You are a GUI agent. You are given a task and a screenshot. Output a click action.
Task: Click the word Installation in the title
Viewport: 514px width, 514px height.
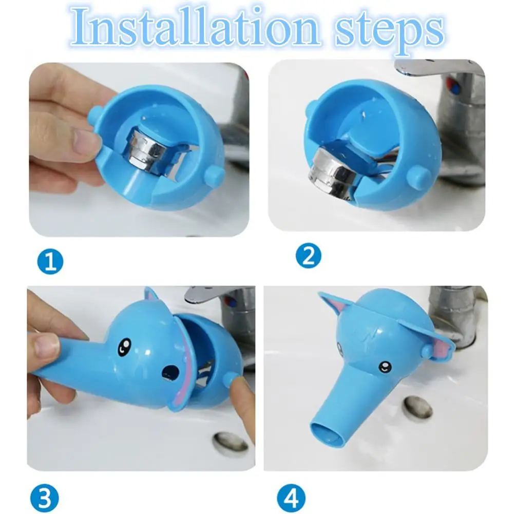pyautogui.click(x=195, y=27)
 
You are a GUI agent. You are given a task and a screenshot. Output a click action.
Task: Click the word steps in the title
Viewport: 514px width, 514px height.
pyautogui.click(x=389, y=31)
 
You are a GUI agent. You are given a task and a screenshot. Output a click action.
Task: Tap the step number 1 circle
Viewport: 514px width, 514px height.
pyautogui.click(x=50, y=262)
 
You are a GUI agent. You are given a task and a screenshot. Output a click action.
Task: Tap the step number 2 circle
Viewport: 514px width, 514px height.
pyautogui.click(x=309, y=256)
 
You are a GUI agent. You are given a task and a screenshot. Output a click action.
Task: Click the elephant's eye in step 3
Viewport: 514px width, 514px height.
pyautogui.click(x=124, y=347)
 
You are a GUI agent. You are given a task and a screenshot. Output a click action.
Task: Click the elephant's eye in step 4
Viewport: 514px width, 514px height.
pyautogui.click(x=385, y=367)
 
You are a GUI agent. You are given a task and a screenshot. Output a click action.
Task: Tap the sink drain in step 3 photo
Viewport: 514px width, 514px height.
pyautogui.click(x=230, y=442)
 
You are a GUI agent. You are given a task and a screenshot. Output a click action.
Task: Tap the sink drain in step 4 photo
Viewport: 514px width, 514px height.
pyautogui.click(x=418, y=408)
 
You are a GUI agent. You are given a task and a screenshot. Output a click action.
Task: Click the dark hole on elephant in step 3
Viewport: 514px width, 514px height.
pyautogui.click(x=171, y=373)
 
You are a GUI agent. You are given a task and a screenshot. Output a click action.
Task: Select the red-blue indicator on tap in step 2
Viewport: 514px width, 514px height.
pyautogui.click(x=454, y=86)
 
